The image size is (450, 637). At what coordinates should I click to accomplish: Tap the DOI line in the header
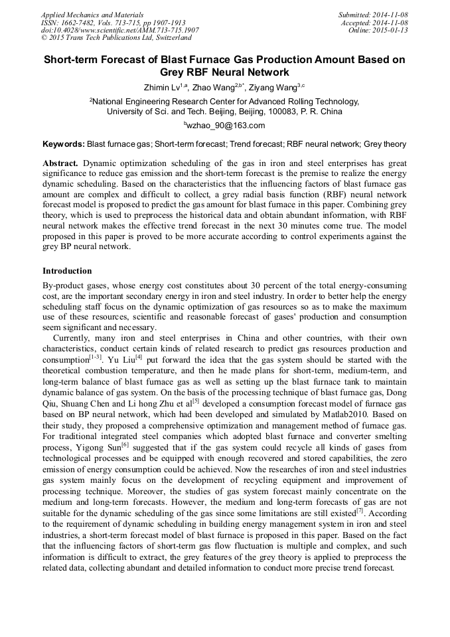click(x=119, y=30)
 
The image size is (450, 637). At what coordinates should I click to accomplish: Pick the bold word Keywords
click(x=63, y=143)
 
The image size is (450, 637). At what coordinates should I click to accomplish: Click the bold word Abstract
click(x=60, y=163)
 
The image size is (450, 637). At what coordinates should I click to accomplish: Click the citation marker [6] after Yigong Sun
click(x=125, y=443)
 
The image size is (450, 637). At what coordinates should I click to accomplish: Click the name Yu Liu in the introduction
click(x=120, y=359)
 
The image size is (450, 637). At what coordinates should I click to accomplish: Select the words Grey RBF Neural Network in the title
click(x=225, y=72)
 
